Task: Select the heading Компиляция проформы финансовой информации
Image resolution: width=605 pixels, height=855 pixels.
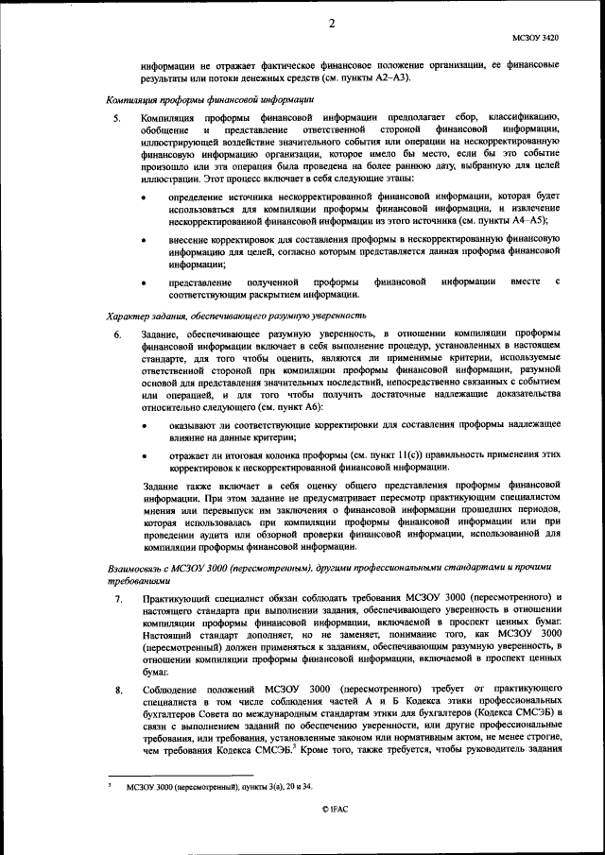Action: (x=210, y=99)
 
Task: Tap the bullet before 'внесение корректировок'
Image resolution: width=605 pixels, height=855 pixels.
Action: (x=144, y=241)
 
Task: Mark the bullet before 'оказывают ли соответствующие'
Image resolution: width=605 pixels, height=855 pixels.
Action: (x=144, y=426)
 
